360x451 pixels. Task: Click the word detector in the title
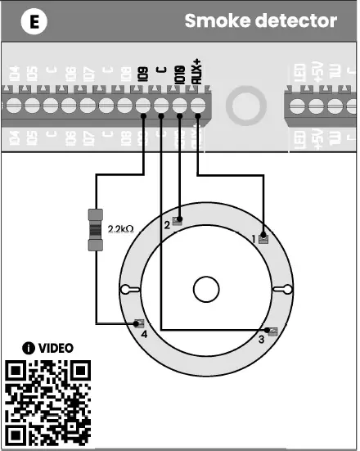pyautogui.click(x=297, y=20)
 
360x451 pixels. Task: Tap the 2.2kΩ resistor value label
pyautogui.click(x=120, y=229)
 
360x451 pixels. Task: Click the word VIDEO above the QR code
pyautogui.click(x=56, y=348)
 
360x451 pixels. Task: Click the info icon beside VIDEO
pyautogui.click(x=29, y=348)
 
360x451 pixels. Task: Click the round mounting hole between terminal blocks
pyautogui.click(x=243, y=107)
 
